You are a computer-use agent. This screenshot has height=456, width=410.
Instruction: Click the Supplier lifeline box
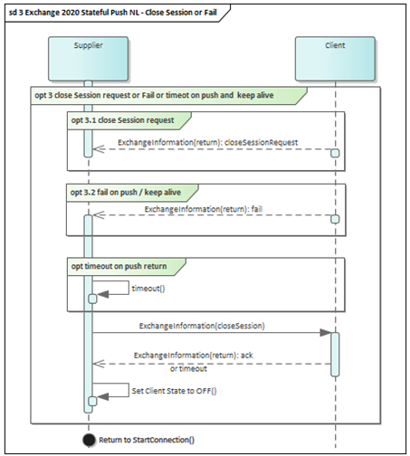[x=88, y=59]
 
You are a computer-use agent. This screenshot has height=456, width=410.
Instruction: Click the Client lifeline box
[x=335, y=59]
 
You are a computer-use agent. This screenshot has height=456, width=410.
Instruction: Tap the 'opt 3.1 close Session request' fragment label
[x=122, y=120]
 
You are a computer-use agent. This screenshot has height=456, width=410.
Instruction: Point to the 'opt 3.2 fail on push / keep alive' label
[x=126, y=193]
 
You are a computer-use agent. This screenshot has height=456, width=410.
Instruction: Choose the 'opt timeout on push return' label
[x=119, y=266]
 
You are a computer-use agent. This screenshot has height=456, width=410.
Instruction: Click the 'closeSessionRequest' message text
[x=262, y=142]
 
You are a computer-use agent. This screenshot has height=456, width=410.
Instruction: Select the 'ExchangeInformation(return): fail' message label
[x=204, y=209]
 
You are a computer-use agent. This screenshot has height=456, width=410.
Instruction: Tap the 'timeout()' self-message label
[x=148, y=289]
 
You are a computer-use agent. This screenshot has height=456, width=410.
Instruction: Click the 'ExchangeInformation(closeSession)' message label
[x=202, y=326]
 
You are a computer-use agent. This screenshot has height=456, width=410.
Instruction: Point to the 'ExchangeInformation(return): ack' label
[x=194, y=356]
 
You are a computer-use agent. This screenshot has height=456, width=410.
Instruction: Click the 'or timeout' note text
[x=188, y=368]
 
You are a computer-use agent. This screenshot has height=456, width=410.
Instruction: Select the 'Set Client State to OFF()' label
[x=174, y=391]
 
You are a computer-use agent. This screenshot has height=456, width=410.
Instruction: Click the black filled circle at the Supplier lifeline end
[x=89, y=440]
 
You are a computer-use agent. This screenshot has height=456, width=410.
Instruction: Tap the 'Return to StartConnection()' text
[x=147, y=440]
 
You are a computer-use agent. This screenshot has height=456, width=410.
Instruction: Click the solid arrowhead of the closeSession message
[x=326, y=333]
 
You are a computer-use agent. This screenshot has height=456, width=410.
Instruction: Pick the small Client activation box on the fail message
[x=335, y=219]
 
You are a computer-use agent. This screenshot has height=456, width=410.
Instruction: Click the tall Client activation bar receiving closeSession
[x=335, y=355]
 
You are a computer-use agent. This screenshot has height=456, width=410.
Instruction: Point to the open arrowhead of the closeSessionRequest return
[x=99, y=149]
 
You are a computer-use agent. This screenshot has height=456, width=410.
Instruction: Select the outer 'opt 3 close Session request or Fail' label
[x=154, y=95]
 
